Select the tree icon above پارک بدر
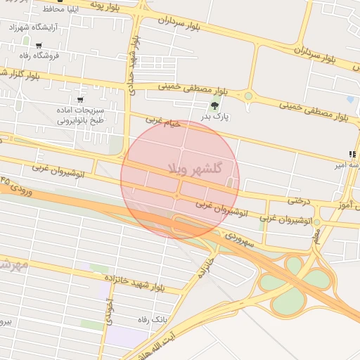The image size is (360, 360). (x=214, y=106)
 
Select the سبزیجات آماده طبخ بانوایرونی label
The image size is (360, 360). (x=81, y=115)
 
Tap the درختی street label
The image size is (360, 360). (x=298, y=200)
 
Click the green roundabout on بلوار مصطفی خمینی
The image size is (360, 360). (x=248, y=96)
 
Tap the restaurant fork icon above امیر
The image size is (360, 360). (x=351, y=154)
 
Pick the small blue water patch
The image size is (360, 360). (x=350, y=100)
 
